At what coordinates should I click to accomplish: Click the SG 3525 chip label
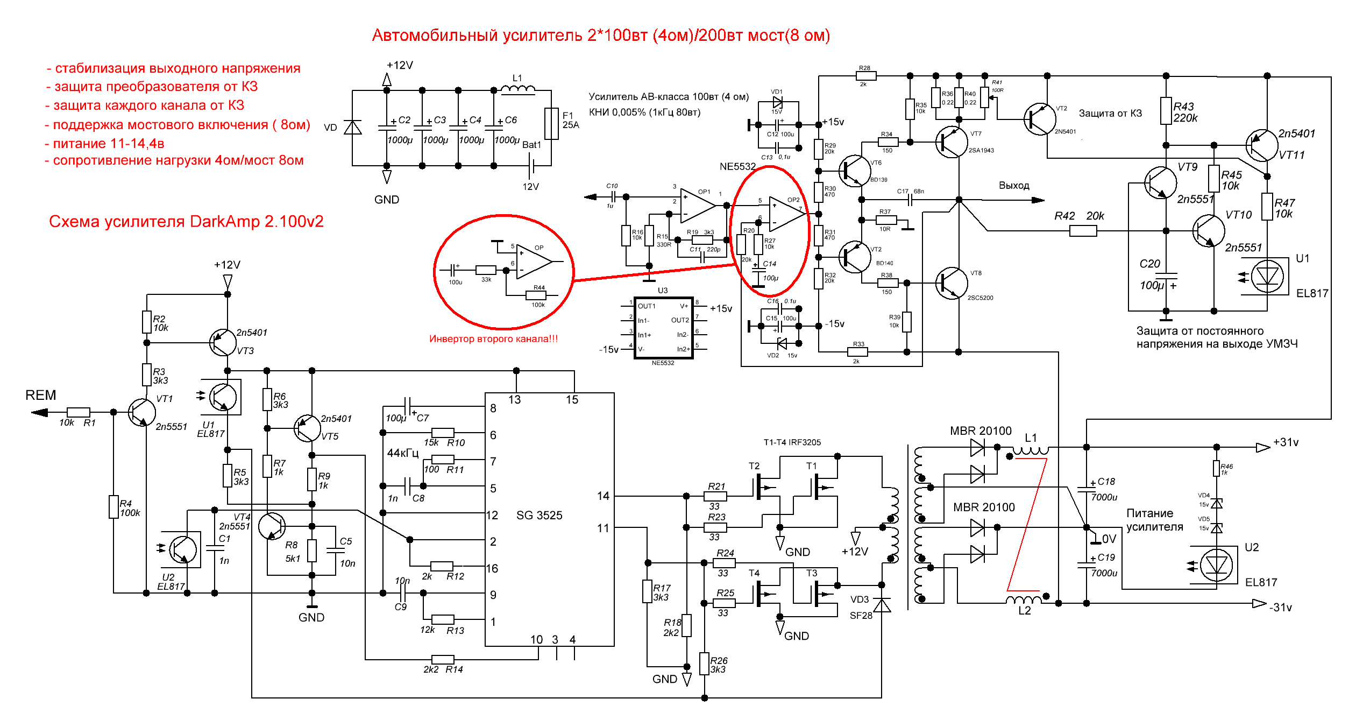point(539,515)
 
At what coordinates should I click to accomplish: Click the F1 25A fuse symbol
point(551,123)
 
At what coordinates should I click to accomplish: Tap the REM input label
point(41,395)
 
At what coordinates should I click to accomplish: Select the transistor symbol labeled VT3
point(222,342)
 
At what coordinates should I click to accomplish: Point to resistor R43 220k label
point(1185,112)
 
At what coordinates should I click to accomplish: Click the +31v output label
point(1286,442)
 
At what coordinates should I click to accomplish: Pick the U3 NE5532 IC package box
point(663,327)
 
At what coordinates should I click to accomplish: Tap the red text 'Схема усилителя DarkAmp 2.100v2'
point(186,222)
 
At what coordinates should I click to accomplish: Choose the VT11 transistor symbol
point(1261,145)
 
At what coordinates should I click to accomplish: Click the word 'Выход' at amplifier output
point(1014,186)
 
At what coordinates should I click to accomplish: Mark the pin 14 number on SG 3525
point(603,496)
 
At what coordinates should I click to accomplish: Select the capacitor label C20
point(1149,264)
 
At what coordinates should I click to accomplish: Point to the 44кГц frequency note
point(403,453)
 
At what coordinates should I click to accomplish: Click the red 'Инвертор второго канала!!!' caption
point(493,339)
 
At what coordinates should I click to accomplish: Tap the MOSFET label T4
point(754,573)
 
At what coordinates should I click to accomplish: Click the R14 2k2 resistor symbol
point(443,660)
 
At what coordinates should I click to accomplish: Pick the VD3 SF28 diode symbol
point(882,605)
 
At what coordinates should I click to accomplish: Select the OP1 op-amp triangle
point(698,205)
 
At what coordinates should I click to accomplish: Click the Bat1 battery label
point(531,145)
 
